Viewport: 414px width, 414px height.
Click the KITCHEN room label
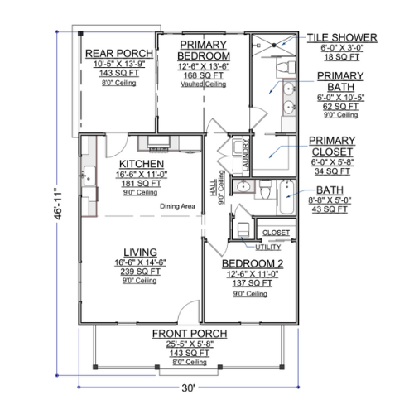[142, 164]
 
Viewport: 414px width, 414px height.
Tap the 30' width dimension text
[188, 388]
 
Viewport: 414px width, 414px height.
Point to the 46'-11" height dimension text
[59, 204]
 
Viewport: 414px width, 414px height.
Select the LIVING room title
[140, 253]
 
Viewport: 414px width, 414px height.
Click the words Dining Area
[177, 206]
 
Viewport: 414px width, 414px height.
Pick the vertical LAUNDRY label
[245, 155]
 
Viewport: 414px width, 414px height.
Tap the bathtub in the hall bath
[287, 196]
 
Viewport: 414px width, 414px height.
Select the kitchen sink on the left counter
[89, 176]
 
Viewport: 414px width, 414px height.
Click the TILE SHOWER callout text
[342, 38]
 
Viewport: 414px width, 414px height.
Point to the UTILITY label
[267, 247]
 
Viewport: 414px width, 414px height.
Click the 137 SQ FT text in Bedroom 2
[252, 283]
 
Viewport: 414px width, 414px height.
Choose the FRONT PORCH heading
[190, 334]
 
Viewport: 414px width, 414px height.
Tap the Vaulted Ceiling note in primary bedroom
[204, 84]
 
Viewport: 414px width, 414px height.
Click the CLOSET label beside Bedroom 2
[276, 233]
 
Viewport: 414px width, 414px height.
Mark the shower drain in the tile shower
[274, 45]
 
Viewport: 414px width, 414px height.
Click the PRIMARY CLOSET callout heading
[332, 147]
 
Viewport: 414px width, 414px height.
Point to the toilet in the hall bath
[266, 190]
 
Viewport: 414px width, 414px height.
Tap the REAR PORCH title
[119, 54]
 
